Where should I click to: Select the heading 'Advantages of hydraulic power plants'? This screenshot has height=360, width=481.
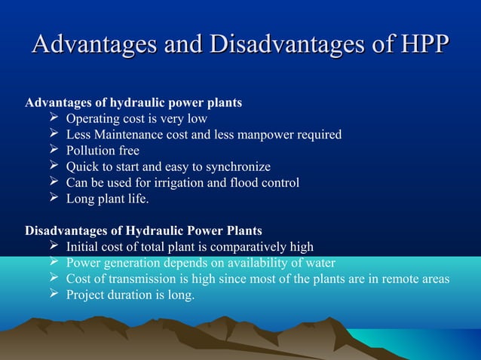tap(133, 102)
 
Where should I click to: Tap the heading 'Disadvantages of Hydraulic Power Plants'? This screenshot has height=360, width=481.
tap(144, 230)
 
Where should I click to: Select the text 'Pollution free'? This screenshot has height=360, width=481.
tap(103, 151)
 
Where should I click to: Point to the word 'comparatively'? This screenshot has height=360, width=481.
tap(242, 247)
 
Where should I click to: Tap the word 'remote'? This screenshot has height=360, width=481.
tap(397, 279)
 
